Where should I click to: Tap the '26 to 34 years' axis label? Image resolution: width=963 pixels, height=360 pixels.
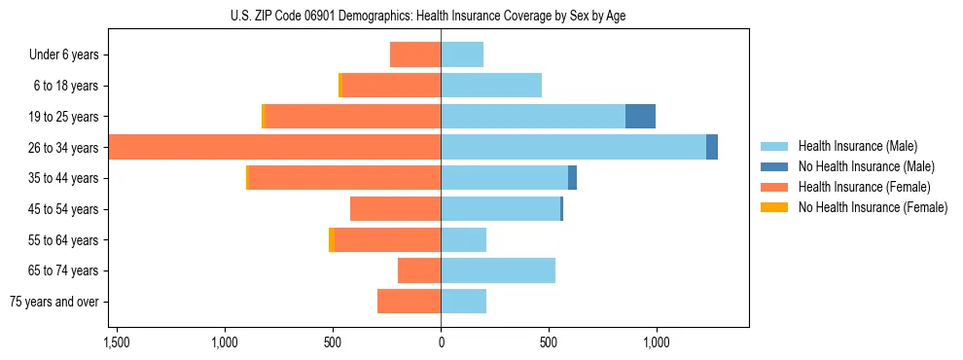click(x=64, y=148)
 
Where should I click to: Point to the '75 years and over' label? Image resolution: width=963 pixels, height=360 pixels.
click(x=54, y=302)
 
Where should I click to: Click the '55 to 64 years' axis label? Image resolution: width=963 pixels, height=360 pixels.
click(x=64, y=240)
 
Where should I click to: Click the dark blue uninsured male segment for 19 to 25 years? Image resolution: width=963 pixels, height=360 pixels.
click(x=640, y=117)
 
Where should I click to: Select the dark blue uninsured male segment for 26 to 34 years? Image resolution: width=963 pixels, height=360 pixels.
click(x=712, y=148)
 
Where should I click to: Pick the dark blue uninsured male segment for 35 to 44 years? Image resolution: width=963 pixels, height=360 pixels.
click(x=573, y=178)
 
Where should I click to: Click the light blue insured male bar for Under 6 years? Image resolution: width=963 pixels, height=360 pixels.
click(x=462, y=54)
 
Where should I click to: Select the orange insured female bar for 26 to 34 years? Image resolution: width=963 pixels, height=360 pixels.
click(x=274, y=148)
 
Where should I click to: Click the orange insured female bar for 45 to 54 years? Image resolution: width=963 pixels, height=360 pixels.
click(x=395, y=209)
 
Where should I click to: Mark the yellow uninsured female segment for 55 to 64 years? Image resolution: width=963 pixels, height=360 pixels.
click(x=332, y=240)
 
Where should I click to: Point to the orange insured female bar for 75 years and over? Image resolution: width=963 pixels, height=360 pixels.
click(x=409, y=302)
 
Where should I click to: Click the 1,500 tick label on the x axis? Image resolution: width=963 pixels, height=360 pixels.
click(x=117, y=342)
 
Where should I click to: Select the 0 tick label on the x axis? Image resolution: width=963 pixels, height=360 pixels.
click(x=441, y=342)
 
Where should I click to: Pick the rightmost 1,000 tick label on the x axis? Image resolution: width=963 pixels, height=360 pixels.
click(x=656, y=342)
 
